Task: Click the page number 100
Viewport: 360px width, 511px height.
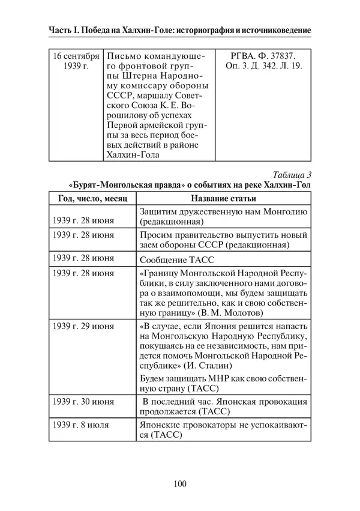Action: (179, 485)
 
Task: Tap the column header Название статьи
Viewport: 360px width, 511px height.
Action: (224, 198)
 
